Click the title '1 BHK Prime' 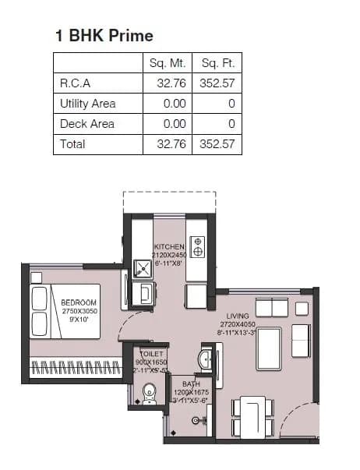pyautogui.click(x=104, y=35)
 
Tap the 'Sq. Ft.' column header pyautogui.click(x=217, y=63)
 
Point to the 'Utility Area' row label pyautogui.click(x=87, y=104)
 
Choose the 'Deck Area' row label pyautogui.click(x=86, y=124)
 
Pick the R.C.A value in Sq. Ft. pyautogui.click(x=217, y=83)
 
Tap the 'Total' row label pyautogui.click(x=72, y=144)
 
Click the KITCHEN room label pyautogui.click(x=169, y=247)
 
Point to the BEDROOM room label pyautogui.click(x=79, y=302)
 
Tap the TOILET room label pyautogui.click(x=151, y=353)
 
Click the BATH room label pyautogui.click(x=191, y=384)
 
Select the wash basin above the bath pyautogui.click(x=203, y=359)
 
